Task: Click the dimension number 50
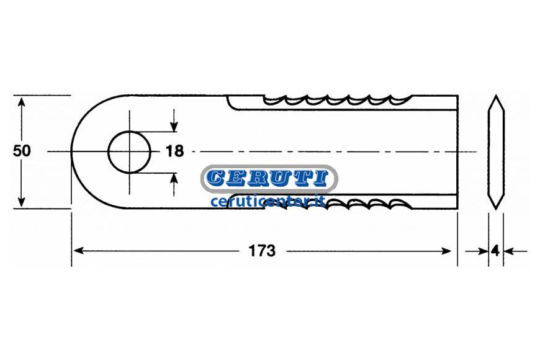[x=22, y=151]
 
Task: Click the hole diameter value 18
[x=174, y=151]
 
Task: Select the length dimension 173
[x=262, y=251]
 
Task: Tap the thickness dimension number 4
[x=495, y=251]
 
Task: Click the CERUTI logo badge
[x=269, y=178]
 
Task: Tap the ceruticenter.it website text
[x=268, y=201]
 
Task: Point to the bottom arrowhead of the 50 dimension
[x=22, y=202]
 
